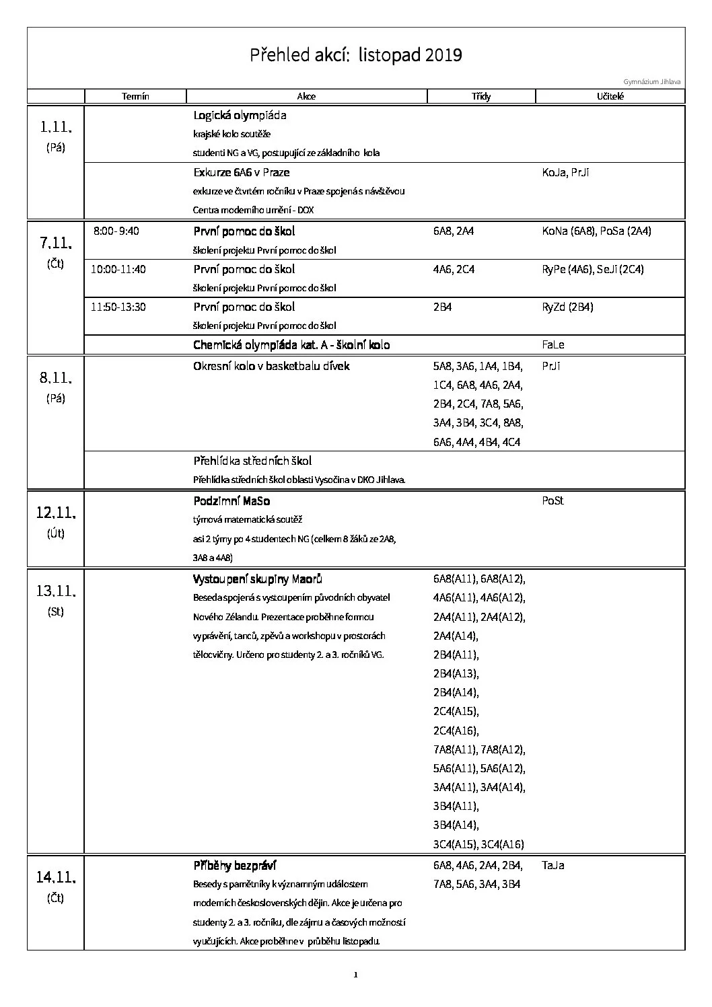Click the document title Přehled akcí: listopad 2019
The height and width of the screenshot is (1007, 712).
tap(356, 54)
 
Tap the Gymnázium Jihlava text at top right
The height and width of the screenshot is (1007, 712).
tap(652, 82)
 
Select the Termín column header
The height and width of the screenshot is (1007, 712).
tap(135, 96)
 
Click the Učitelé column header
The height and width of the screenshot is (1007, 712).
tap(610, 96)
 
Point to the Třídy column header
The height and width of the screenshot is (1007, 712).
tap(481, 96)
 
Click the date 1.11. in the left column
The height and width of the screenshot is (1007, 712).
tap(56, 126)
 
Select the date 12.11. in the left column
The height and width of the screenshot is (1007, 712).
tap(56, 513)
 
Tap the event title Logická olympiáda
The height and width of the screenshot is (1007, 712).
tap(240, 115)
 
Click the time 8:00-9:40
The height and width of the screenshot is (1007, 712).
tap(116, 231)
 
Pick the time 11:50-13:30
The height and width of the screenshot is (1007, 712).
tap(118, 307)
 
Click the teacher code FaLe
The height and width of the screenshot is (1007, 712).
tap(553, 344)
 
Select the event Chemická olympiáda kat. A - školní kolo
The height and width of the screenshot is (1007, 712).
tap(291, 345)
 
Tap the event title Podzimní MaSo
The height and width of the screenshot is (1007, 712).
tap(232, 501)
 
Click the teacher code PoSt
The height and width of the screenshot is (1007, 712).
tap(553, 501)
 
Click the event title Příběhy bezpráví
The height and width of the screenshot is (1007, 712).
tap(235, 866)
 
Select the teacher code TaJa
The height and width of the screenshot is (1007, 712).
tap(553, 865)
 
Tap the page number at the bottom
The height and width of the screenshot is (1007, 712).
tap(356, 975)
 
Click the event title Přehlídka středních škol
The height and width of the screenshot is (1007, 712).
tap(252, 461)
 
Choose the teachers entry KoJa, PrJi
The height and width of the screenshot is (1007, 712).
tap(566, 172)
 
